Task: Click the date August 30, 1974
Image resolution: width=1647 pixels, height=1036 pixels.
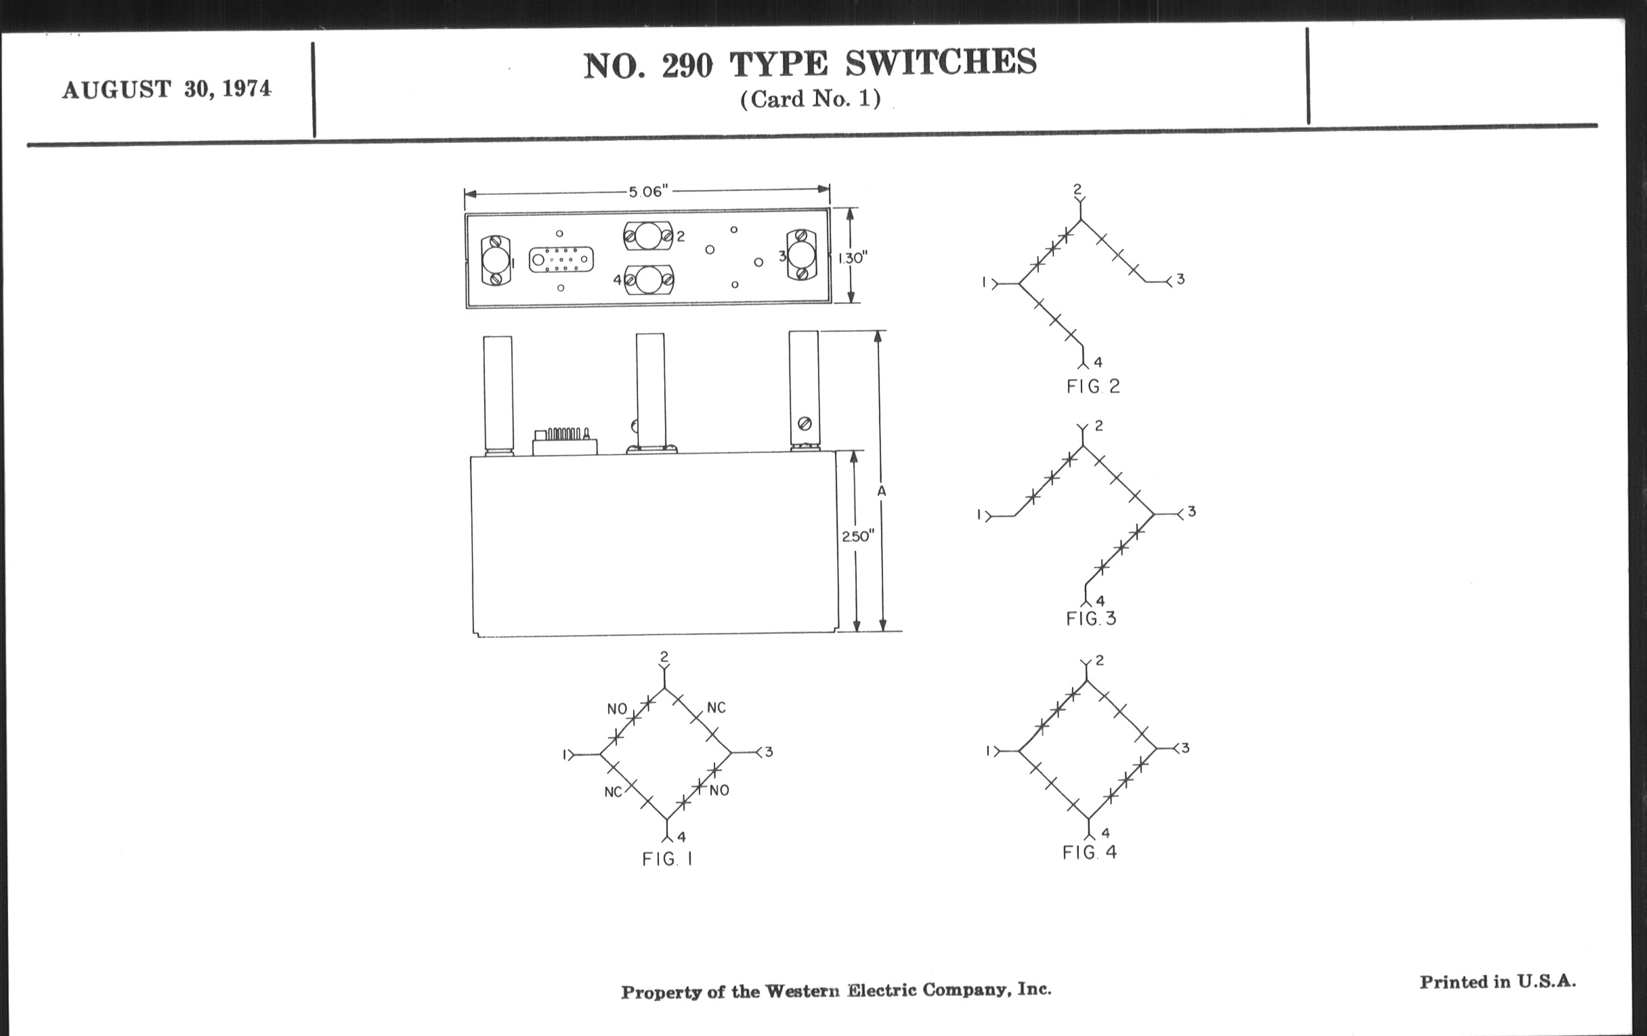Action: pyautogui.click(x=166, y=89)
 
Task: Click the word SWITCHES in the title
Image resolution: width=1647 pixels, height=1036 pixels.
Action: pyautogui.click(x=941, y=63)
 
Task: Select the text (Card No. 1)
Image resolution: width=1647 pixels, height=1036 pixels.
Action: pyautogui.click(x=810, y=100)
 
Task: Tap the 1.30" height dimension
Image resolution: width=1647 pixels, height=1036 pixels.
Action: pyautogui.click(x=852, y=259)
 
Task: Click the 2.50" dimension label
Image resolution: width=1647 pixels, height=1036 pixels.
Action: pyautogui.click(x=857, y=536)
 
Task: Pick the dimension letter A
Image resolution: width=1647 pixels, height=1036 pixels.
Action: pyautogui.click(x=882, y=490)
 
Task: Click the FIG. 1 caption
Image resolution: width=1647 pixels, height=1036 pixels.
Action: pyautogui.click(x=667, y=859)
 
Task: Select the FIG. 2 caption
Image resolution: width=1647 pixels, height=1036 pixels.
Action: pyautogui.click(x=1093, y=387)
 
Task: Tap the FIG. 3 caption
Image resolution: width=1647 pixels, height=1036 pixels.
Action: pyautogui.click(x=1091, y=619)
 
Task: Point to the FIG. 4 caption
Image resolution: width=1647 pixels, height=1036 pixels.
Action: pyautogui.click(x=1090, y=852)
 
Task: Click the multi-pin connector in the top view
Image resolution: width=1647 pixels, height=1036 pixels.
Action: pyautogui.click(x=561, y=260)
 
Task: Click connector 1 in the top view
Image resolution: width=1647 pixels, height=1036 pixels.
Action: pyautogui.click(x=495, y=261)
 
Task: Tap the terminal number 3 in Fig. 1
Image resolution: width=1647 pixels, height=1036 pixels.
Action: pyautogui.click(x=769, y=752)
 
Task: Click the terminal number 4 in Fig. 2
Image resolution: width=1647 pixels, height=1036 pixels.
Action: pyautogui.click(x=1098, y=362)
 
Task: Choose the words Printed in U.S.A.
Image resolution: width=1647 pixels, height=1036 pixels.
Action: pyautogui.click(x=1498, y=982)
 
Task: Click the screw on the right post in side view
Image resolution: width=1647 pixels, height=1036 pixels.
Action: pyautogui.click(x=805, y=424)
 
